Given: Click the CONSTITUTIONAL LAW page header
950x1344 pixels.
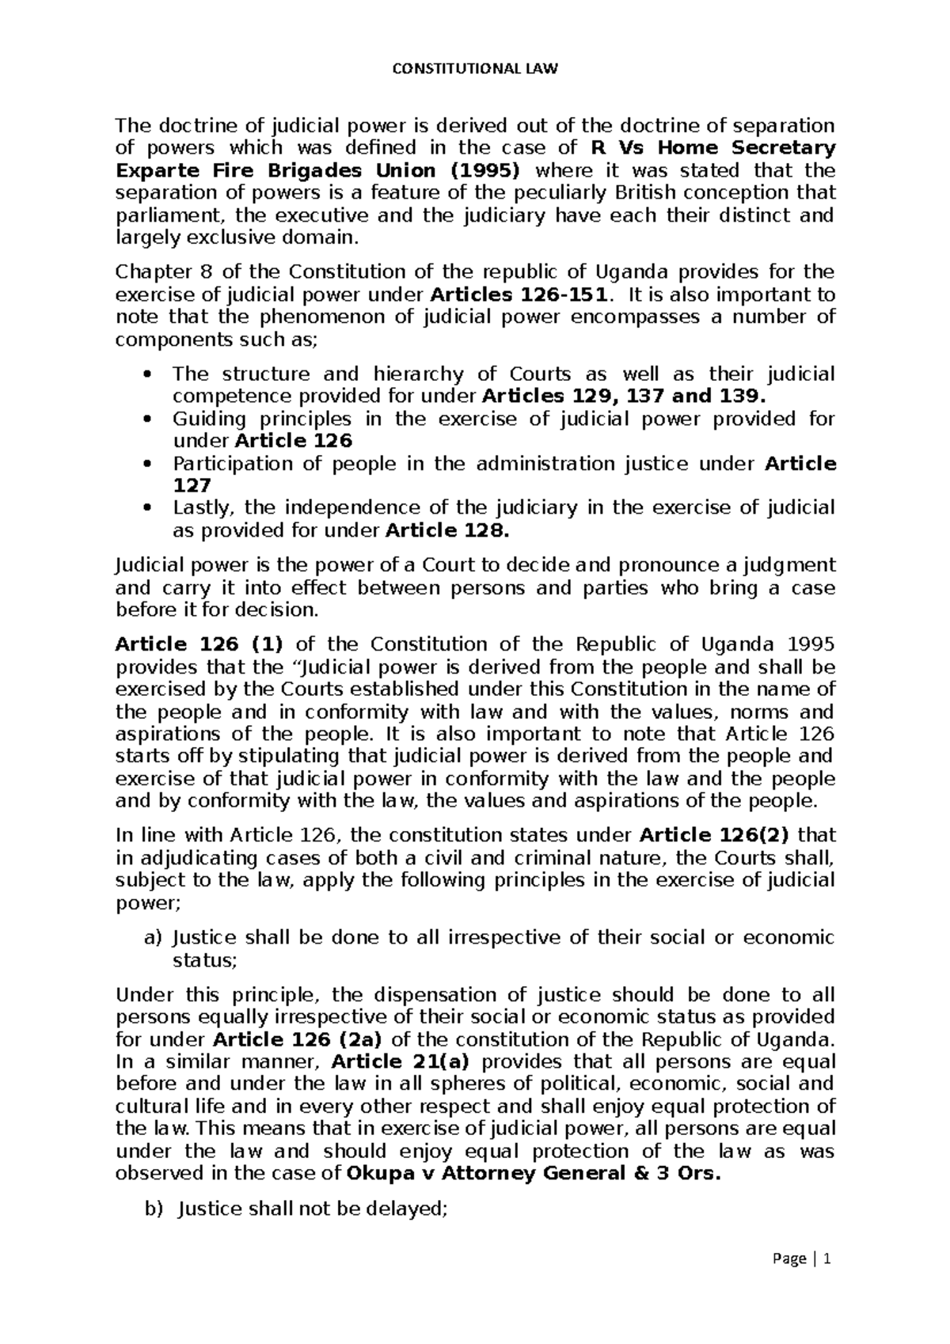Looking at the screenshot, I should pyautogui.click(x=475, y=69).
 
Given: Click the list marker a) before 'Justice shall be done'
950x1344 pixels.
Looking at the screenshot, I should pyautogui.click(x=152, y=938).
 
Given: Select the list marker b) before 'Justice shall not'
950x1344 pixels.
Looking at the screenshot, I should pyautogui.click(x=153, y=1209).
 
